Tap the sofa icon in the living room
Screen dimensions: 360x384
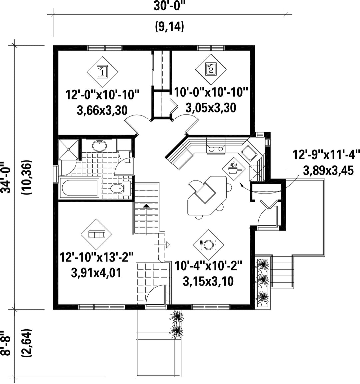pos(96,234)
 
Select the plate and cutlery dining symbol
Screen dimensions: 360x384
pos(208,245)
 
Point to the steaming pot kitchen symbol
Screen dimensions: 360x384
pos(233,168)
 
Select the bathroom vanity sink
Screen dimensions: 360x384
pos(100,146)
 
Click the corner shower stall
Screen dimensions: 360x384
pos(69,150)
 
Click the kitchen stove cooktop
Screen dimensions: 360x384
pos(216,149)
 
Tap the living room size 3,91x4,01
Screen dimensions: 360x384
pos(96,273)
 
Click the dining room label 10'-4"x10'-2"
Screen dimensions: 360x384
pos(209,266)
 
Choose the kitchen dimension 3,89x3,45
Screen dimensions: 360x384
pos(328,170)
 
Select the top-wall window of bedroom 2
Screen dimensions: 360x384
pos(211,48)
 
